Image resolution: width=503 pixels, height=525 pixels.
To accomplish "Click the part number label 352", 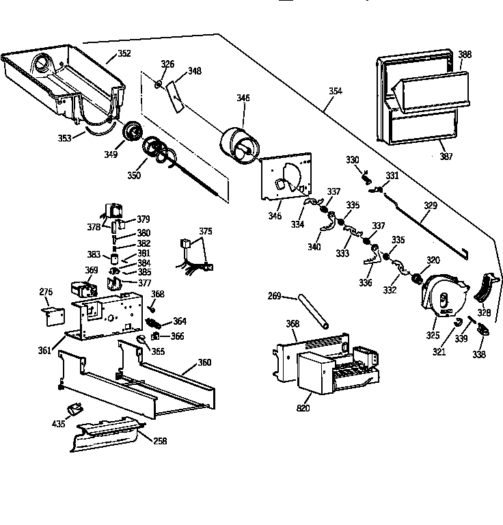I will click(x=124, y=53).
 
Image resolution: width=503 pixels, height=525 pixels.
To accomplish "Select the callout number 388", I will click(x=464, y=55).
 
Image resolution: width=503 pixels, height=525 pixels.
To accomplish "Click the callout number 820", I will click(x=302, y=409).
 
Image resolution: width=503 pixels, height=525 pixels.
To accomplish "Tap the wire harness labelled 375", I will click(x=195, y=256).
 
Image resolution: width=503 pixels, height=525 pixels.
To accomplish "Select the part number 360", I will click(x=204, y=362).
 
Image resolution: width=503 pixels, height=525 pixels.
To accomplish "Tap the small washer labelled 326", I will click(x=159, y=85).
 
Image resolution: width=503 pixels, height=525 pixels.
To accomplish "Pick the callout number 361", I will click(x=44, y=351).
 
